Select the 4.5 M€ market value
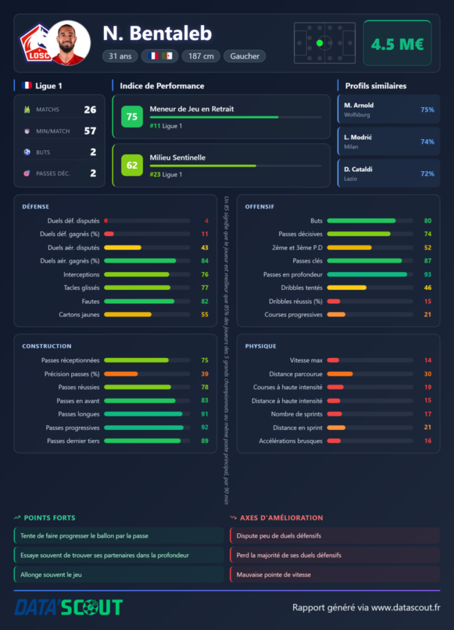pos(397,44)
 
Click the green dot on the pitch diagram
pos(320,43)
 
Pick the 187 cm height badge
pos(201,56)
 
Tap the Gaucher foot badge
pos(245,56)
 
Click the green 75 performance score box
pos(132,116)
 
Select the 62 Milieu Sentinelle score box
pos(132,165)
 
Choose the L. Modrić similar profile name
pos(358,137)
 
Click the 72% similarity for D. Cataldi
pos(427,173)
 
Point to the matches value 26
pos(90,110)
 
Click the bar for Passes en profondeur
pos(367,274)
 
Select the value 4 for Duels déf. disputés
pos(207,221)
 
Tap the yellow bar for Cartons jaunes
pos(128,314)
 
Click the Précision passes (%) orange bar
pos(121,374)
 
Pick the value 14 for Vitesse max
pos(428,361)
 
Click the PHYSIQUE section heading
pos(261,346)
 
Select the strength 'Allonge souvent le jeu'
pos(51,575)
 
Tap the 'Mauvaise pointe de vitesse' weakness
pos(274,575)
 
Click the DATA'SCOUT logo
pos(69,607)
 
